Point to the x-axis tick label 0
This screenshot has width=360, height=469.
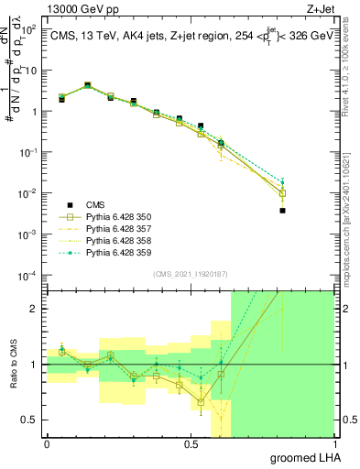click(47, 443)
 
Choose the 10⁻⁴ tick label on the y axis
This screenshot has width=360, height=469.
click(28, 276)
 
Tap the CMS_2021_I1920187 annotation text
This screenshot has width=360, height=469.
click(191, 274)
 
